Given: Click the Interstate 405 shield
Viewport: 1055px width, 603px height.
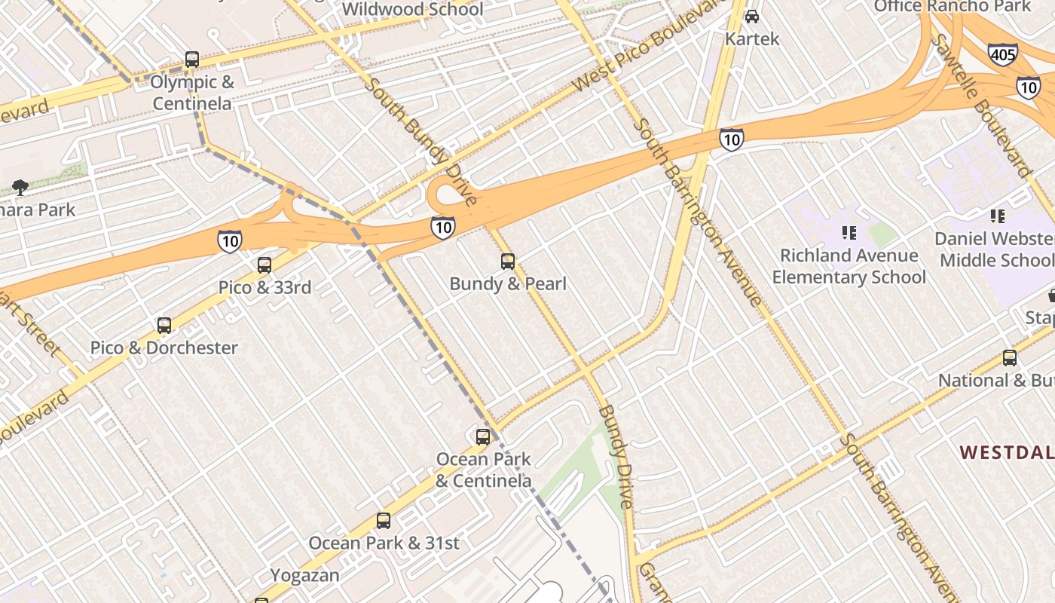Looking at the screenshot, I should (1002, 54).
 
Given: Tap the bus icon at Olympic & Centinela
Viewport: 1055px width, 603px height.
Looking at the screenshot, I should (192, 60).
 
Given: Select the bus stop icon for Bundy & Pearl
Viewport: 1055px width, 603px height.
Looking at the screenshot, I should (508, 262).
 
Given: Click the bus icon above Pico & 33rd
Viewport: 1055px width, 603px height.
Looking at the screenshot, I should (264, 265).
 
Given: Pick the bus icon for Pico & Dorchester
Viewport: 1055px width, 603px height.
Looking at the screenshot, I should (164, 326).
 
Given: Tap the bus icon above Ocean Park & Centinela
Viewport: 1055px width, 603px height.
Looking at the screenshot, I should (483, 436).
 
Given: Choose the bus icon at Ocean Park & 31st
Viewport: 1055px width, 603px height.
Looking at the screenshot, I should (384, 521).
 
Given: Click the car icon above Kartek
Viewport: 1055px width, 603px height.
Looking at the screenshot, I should (751, 16).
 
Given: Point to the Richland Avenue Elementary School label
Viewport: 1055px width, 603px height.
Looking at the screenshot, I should (849, 267).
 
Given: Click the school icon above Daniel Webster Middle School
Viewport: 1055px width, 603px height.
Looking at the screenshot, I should (998, 217).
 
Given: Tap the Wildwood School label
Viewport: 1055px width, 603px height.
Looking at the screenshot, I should (412, 9).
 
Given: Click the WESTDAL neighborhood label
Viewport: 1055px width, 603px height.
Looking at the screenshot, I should (1006, 452).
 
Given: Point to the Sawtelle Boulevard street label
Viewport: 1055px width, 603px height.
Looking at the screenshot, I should (980, 106).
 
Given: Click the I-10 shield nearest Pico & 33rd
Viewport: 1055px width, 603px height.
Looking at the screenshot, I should (230, 241).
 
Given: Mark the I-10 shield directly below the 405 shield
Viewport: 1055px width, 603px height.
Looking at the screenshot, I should (1028, 87).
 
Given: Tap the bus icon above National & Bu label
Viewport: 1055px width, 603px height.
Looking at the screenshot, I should (1009, 358).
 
